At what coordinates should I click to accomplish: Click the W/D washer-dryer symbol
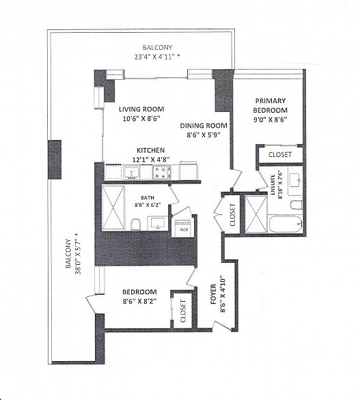(182, 228)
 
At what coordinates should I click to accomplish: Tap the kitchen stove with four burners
(162, 172)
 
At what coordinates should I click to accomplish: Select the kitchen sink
(131, 173)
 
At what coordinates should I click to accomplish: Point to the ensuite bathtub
(285, 225)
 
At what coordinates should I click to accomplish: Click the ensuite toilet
(296, 205)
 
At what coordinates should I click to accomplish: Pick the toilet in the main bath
(135, 225)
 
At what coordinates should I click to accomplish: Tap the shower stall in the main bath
(113, 208)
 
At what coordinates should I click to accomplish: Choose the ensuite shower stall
(256, 214)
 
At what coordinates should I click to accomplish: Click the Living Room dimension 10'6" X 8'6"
(141, 119)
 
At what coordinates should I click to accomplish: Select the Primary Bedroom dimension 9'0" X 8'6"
(271, 119)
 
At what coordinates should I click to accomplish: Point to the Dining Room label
(204, 126)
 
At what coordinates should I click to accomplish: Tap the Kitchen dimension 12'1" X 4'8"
(151, 160)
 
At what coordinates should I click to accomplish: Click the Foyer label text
(213, 294)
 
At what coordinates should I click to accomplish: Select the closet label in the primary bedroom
(280, 154)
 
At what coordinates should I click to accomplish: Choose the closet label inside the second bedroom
(183, 311)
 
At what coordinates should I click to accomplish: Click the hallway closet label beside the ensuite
(232, 214)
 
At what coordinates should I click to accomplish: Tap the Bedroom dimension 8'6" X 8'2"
(139, 301)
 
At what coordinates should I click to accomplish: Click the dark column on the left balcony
(55, 160)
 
